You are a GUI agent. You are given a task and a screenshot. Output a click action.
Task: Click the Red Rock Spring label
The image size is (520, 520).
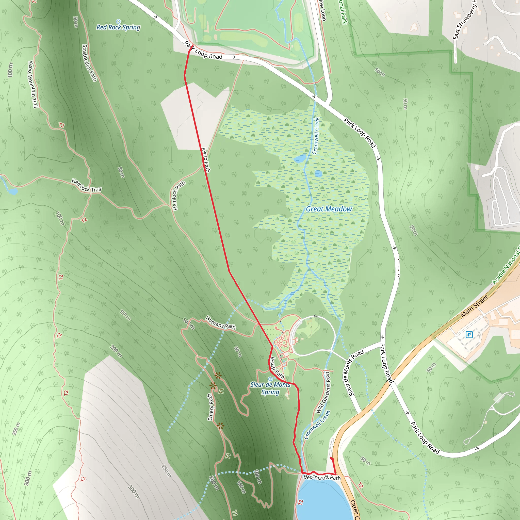(x=118, y=27)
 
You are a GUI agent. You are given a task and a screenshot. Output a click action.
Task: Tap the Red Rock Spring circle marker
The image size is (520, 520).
(x=118, y=21)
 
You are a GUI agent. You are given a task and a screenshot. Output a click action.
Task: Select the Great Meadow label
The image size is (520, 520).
(x=329, y=209)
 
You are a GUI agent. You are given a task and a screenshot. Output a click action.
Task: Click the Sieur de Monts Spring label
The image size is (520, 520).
(x=270, y=388)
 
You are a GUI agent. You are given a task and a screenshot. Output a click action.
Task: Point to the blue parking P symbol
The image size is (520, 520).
(x=469, y=335)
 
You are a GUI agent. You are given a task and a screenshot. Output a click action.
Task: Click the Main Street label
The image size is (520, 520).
(x=474, y=306)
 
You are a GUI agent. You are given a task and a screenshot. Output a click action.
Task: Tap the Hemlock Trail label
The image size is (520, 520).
(x=86, y=185)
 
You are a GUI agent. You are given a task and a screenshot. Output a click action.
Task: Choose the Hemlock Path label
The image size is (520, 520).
(x=178, y=196)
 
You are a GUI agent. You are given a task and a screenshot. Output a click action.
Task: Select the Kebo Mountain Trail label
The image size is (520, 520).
(x=32, y=85)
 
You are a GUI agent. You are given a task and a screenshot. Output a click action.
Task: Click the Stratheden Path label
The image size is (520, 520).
(x=89, y=63)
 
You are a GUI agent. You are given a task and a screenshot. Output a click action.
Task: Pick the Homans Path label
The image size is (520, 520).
(x=220, y=323)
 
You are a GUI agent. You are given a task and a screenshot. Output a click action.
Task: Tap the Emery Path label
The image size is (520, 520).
(x=211, y=407)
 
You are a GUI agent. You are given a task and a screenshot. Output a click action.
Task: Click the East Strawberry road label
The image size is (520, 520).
(x=465, y=21)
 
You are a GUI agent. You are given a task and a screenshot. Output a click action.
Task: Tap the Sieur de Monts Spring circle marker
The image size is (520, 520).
(x=270, y=379)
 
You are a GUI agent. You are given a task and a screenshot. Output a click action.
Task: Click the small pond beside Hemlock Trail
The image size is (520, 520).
(x=13, y=191)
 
